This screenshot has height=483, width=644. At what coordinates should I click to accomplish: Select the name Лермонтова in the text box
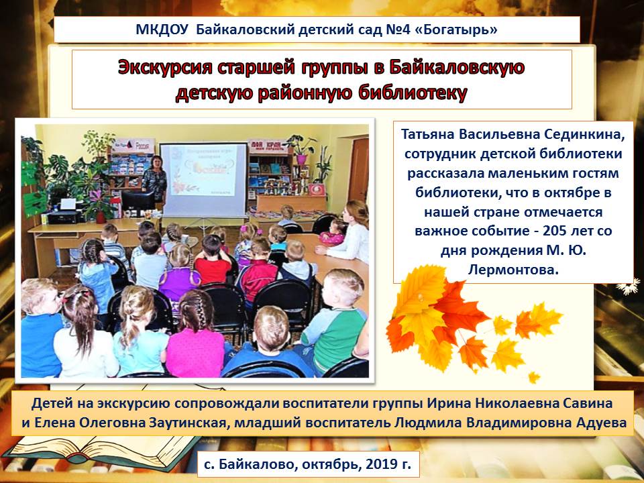click(x=513, y=270)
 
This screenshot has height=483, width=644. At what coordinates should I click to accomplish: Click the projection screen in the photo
click(x=204, y=179)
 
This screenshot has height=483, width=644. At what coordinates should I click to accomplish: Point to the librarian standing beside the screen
click(x=154, y=180)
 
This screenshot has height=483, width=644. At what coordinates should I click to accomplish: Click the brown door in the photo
click(x=358, y=169)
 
